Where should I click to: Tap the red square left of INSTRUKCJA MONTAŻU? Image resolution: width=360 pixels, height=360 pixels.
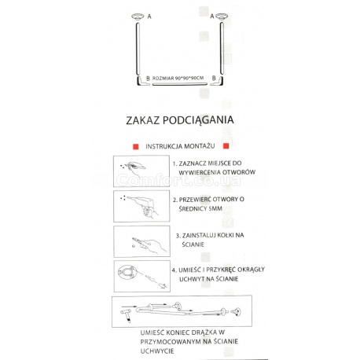pos(135,146)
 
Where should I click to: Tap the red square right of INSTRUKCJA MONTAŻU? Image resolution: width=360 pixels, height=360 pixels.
pos(225,146)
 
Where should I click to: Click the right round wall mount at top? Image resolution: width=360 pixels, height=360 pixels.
pos(222,16)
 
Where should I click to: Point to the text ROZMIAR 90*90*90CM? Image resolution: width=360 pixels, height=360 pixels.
pos(178,77)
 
